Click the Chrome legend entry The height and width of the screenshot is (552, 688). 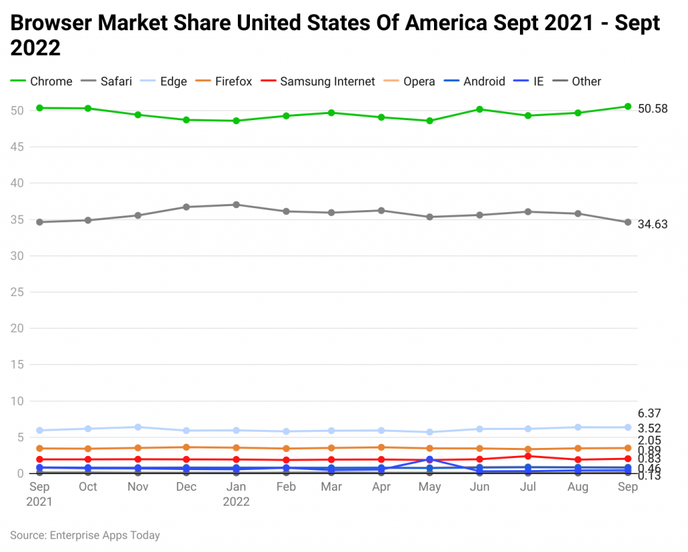pos(42,81)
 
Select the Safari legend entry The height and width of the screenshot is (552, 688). pos(106,81)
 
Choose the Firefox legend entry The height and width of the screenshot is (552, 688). pos(224,81)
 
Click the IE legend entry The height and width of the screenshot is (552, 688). pos(529,81)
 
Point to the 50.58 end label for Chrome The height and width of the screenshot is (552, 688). pos(652,109)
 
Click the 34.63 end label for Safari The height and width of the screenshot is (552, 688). pos(652,224)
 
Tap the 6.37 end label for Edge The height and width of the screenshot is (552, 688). pos(650,414)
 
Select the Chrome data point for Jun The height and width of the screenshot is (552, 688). pos(480,109)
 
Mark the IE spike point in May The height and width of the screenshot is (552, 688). pos(430,459)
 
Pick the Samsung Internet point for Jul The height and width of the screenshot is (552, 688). pos(529,456)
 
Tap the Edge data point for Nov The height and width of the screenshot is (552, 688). pos(138,427)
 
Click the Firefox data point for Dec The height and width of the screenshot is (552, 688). pos(187,447)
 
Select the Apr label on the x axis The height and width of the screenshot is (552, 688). pos(381,487)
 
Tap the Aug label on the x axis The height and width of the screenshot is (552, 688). pos(578,487)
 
